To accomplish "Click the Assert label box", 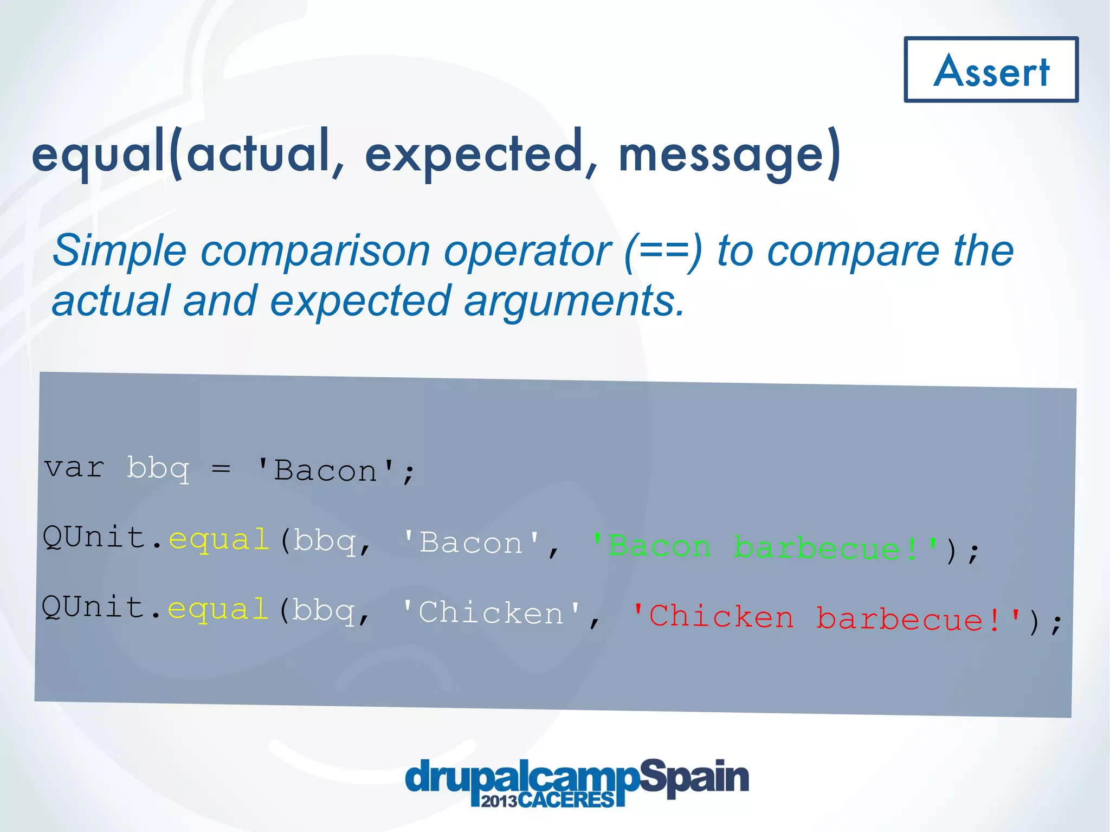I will tap(991, 70).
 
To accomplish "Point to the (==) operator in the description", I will tap(663, 251).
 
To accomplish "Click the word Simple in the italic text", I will tap(120, 251).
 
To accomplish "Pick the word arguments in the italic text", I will tap(575, 301).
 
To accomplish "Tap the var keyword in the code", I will tap(74, 468).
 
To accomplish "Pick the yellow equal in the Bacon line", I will tap(219, 540).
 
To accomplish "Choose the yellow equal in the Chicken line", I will tap(218, 609).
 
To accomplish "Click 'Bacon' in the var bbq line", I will tap(326, 470).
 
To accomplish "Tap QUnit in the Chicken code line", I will tap(93, 607).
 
